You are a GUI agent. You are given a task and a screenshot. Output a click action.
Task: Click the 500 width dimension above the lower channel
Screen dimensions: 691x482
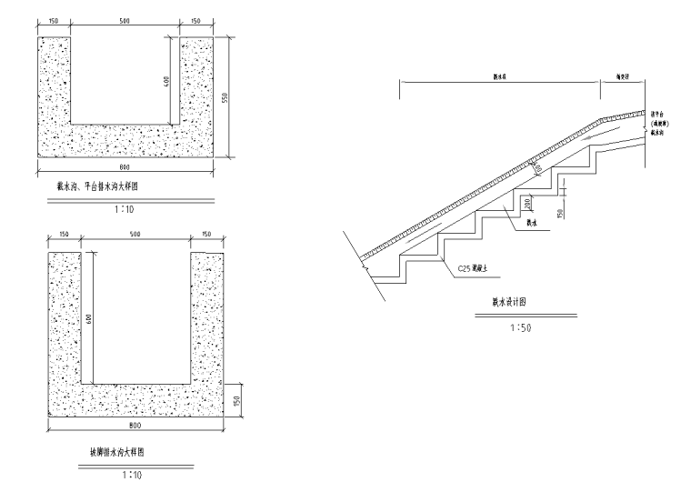135,234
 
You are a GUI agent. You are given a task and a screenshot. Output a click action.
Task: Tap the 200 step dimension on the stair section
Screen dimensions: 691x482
527,205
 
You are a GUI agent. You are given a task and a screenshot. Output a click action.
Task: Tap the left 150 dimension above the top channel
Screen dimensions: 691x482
54,20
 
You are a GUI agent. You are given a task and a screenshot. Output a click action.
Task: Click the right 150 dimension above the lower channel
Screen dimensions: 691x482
206,234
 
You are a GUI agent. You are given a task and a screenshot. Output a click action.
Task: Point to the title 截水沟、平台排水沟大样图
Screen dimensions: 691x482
102,186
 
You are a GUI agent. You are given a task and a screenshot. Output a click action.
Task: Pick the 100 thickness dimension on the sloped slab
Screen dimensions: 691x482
537,167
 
